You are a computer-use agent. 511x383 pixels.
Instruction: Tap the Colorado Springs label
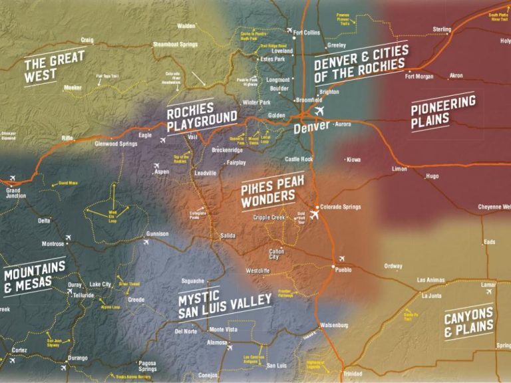[341, 207]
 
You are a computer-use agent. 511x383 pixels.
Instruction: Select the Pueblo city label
[343, 270]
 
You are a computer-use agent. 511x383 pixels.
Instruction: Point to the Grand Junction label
[13, 193]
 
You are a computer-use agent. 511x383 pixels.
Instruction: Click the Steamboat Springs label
[175, 44]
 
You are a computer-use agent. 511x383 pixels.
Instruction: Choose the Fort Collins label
[307, 32]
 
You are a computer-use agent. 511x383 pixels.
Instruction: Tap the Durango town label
[77, 358]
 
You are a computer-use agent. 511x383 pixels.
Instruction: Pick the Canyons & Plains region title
[469, 322]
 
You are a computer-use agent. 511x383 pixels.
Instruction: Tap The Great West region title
[55, 68]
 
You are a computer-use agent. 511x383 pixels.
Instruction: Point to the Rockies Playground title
[202, 116]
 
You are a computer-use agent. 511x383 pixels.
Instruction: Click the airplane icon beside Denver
[319, 110]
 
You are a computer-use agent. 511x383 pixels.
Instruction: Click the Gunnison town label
[158, 234]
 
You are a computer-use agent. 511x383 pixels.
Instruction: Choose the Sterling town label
[442, 29]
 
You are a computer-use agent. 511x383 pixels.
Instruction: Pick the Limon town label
[399, 169]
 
